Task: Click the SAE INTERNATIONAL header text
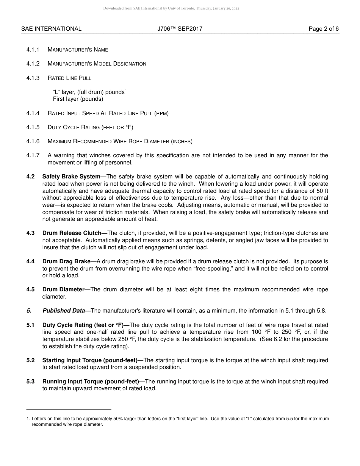[x=51, y=29]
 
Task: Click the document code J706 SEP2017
[x=180, y=29]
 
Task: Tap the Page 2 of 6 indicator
[x=324, y=29]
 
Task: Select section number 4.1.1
[x=33, y=50]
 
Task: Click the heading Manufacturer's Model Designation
[x=97, y=64]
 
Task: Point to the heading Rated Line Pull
[x=69, y=78]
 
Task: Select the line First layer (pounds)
[x=78, y=99]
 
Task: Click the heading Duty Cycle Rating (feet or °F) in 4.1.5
[x=90, y=127]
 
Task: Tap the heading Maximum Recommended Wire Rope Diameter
[x=120, y=141]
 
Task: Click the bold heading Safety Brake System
[x=74, y=177]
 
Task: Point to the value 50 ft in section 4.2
[x=321, y=191]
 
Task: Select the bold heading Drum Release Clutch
[x=75, y=233]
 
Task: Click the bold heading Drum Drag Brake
[x=69, y=261]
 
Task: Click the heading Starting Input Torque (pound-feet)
[x=92, y=360]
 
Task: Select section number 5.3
[x=30, y=382]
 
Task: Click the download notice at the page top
[x=171, y=8]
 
